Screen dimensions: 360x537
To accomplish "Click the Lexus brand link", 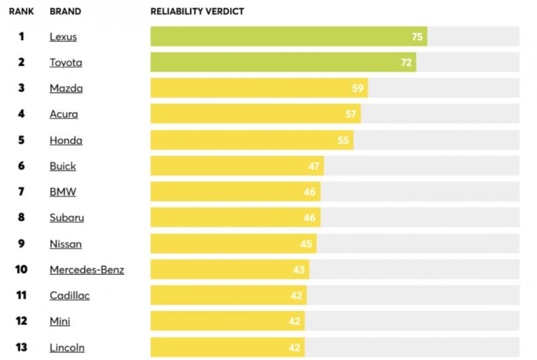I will tap(63, 37).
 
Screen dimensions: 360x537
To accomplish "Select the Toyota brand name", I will tap(66, 62).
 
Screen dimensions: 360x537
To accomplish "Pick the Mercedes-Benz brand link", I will tap(87, 270).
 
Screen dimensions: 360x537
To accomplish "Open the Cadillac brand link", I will tap(69, 296).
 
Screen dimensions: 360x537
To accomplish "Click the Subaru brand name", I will tap(66, 218).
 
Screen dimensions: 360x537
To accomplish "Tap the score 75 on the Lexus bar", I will tap(417, 37).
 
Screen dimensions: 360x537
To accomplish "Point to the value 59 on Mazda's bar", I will tap(358, 89).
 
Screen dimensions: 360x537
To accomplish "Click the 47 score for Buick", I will tap(314, 166).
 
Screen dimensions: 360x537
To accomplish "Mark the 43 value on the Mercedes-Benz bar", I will tap(299, 270).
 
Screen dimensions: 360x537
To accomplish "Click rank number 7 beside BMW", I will tap(21, 192).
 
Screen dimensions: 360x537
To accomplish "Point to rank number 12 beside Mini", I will tap(21, 322).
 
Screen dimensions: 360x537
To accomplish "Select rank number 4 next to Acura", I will tap(21, 114).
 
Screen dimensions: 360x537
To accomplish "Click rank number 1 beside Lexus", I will tap(21, 37).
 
